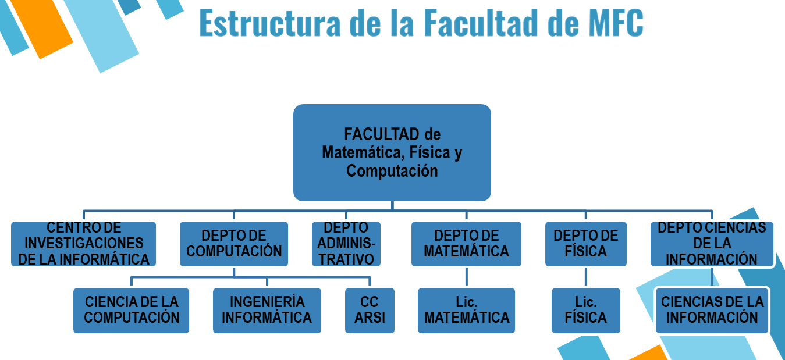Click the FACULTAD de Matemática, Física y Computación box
(x=392, y=153)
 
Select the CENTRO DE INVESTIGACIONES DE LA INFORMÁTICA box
(x=83, y=244)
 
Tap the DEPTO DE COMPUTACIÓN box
(x=234, y=244)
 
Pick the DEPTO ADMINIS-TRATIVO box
(x=346, y=244)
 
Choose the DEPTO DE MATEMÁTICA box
(x=467, y=244)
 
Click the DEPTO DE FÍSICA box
(x=586, y=244)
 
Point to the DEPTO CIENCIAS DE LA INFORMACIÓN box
(x=712, y=244)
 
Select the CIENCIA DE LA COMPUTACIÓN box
(x=131, y=310)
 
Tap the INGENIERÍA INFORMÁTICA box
(x=267, y=310)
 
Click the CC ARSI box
(x=370, y=310)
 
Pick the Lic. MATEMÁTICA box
(x=467, y=310)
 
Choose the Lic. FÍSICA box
(x=586, y=310)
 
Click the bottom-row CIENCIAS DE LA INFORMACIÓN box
(x=712, y=310)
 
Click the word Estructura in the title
(x=270, y=23)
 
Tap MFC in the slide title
(x=616, y=23)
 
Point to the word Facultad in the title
(x=481, y=23)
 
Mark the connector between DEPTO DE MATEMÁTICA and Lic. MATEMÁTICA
(x=467, y=277)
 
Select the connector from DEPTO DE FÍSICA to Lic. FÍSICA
(x=586, y=277)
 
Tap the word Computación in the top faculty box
(x=392, y=171)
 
